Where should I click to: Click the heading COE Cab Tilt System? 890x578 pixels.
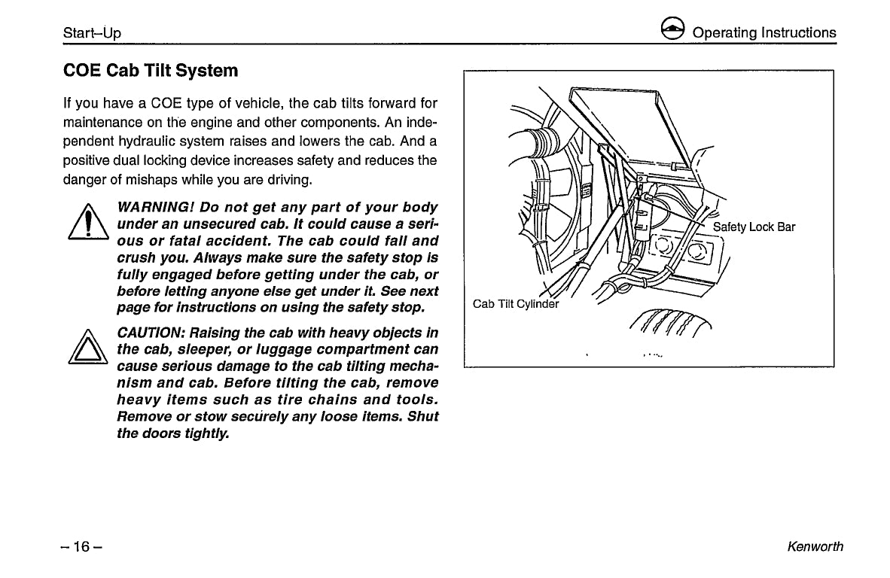coord(151,71)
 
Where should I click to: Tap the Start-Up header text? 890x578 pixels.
coord(92,33)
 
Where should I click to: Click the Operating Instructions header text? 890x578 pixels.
coord(764,32)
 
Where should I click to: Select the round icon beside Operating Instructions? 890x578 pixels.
coord(672,31)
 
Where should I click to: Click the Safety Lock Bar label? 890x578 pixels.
coord(754,227)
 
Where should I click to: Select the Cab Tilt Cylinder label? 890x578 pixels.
coord(516,304)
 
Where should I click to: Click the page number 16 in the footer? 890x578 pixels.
coord(82,547)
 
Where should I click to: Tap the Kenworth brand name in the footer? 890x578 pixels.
coord(815,547)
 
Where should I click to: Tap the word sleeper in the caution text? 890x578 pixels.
coord(194,350)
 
